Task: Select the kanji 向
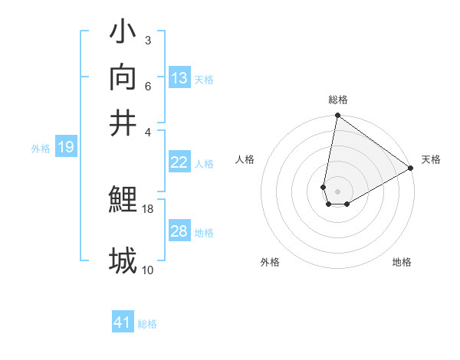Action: point(123,77)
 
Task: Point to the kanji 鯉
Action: point(123,200)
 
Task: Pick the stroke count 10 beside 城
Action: point(148,270)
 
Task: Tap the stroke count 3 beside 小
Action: point(147,40)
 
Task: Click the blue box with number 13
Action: point(179,78)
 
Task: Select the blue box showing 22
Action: point(179,162)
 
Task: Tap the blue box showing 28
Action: point(179,231)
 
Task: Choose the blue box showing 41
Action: point(123,322)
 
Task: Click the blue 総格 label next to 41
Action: point(147,324)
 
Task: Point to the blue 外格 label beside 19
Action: point(41,149)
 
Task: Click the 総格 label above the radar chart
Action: point(338,100)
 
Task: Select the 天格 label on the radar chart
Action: point(431,159)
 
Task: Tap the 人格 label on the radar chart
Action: point(245,159)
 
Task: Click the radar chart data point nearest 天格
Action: point(412,169)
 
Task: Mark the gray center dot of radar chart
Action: point(338,191)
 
